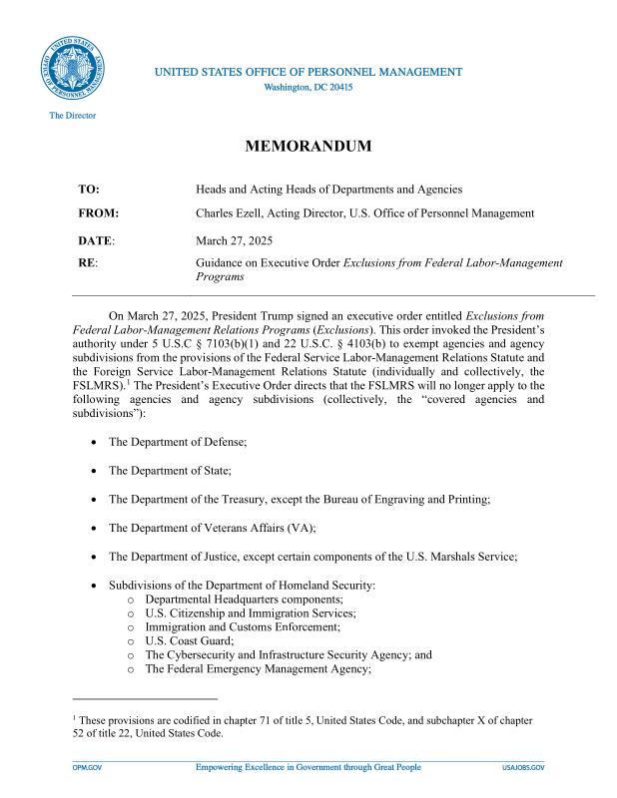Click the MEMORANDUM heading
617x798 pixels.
(x=308, y=147)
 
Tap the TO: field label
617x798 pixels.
(x=88, y=190)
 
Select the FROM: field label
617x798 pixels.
(x=98, y=213)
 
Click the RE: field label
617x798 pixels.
(x=87, y=262)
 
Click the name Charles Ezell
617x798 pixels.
(x=237, y=213)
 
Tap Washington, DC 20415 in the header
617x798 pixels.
(x=308, y=87)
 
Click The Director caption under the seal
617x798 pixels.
(x=73, y=116)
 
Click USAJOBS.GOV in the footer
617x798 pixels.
(x=523, y=767)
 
